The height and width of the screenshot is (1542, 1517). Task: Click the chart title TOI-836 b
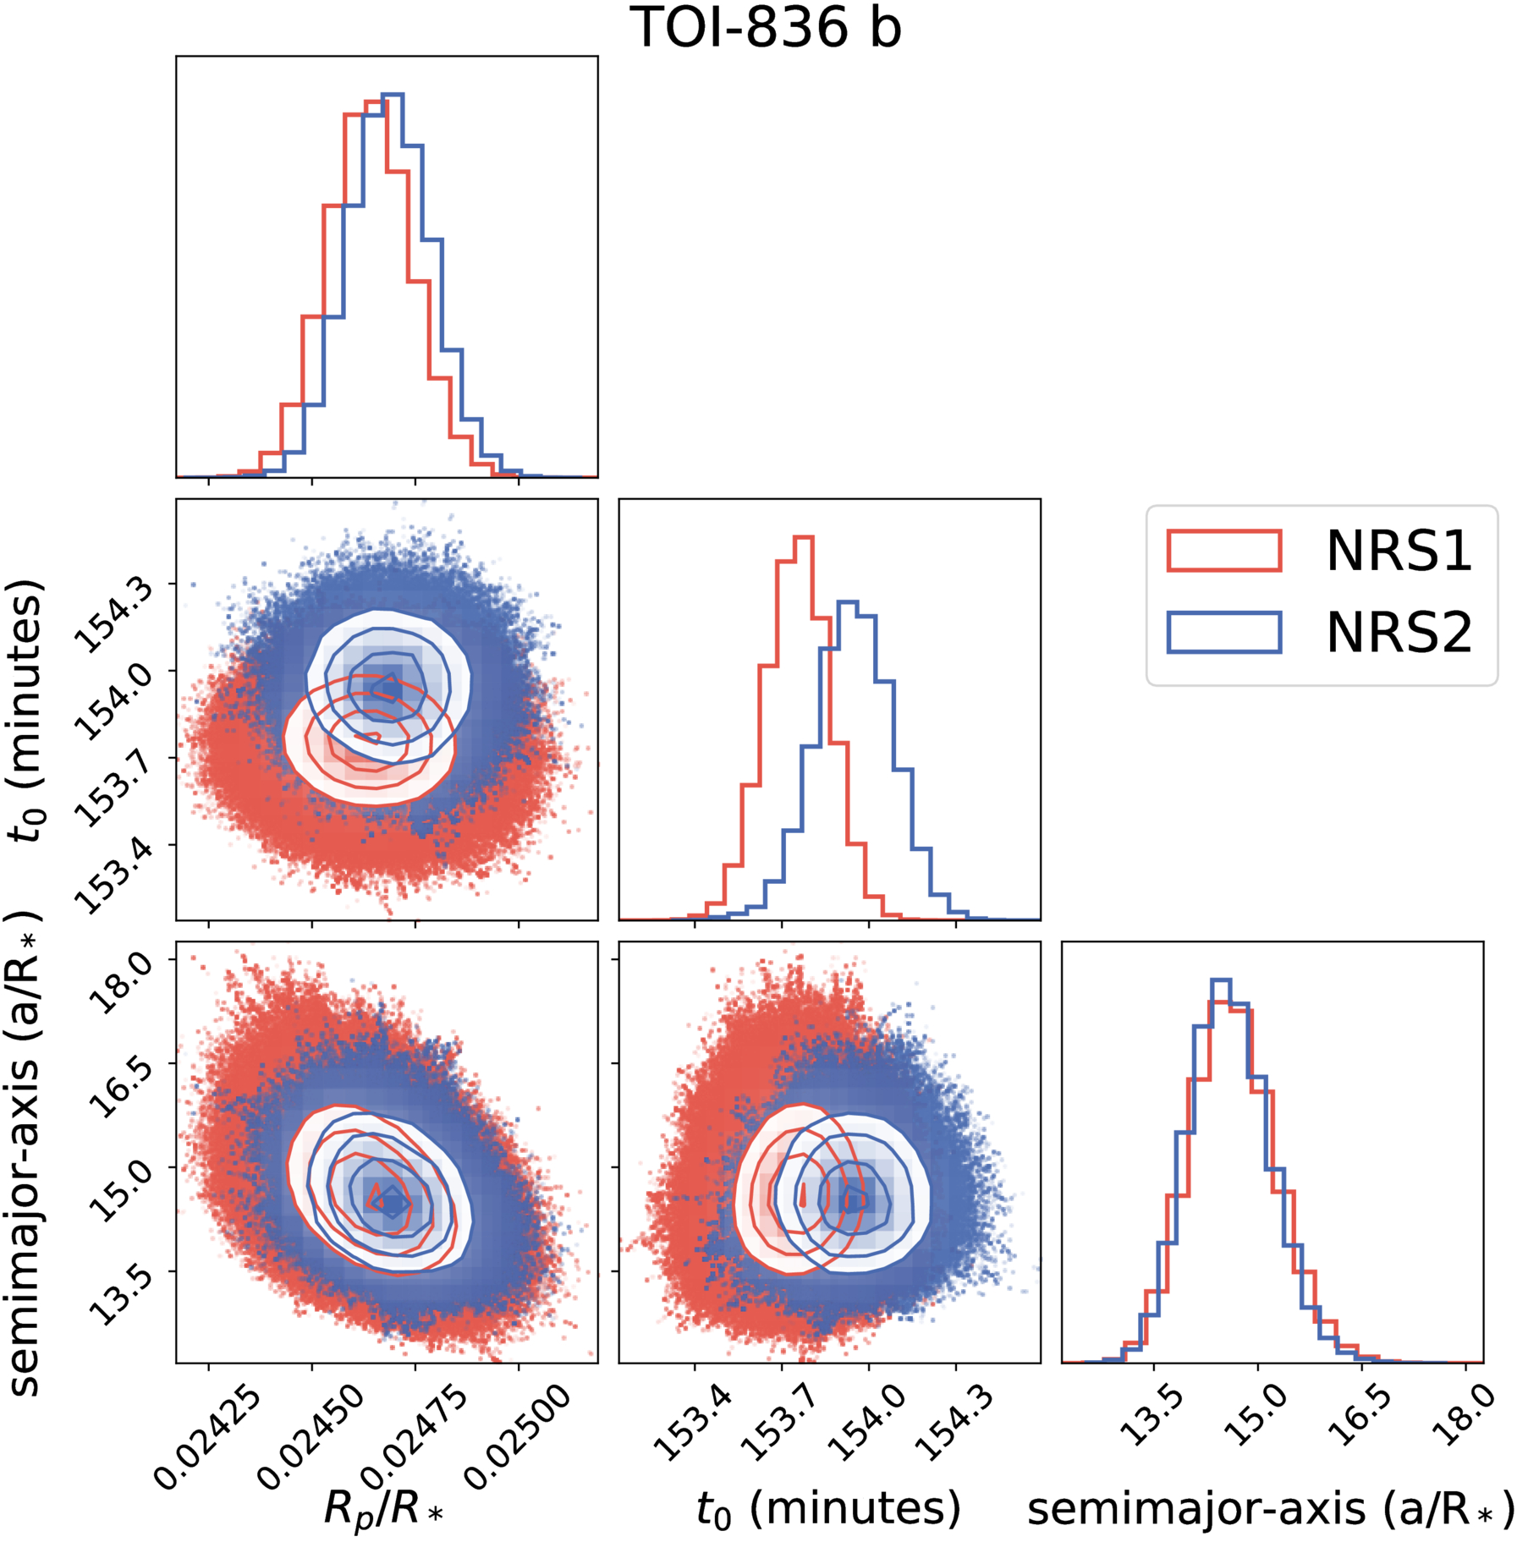tap(766, 27)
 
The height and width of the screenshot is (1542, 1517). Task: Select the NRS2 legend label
tap(1399, 632)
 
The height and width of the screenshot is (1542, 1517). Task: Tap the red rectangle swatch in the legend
tap(1223, 551)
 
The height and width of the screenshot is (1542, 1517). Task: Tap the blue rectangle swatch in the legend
tap(1223, 632)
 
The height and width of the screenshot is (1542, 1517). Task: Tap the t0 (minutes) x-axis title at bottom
tap(828, 1507)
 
